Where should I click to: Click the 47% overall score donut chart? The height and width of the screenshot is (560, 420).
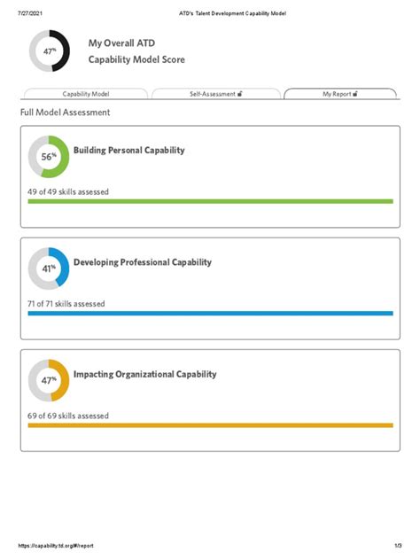tap(50, 51)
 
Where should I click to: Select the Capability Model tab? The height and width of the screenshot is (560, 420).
tap(86, 93)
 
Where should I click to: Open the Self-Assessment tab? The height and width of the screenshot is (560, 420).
tap(216, 93)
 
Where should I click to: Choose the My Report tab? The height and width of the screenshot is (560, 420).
tap(339, 93)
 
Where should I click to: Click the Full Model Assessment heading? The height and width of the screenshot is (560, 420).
tap(66, 113)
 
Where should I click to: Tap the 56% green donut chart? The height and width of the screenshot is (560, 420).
tap(49, 157)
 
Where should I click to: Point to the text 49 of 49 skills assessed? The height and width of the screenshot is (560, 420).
tap(68, 191)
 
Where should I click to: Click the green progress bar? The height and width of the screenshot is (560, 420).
tap(210, 201)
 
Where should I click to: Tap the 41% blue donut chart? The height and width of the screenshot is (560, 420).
tap(49, 268)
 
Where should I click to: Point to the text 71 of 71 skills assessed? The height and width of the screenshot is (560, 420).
tap(66, 304)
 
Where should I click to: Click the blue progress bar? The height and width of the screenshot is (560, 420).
tap(210, 313)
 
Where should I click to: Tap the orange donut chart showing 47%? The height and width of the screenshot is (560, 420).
tap(49, 380)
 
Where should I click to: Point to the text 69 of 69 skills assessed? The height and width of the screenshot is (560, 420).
tap(68, 416)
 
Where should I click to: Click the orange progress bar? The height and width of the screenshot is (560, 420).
tap(210, 425)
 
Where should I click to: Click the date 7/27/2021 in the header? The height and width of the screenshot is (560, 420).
tap(32, 13)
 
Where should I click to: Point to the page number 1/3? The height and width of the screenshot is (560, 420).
tap(398, 545)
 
